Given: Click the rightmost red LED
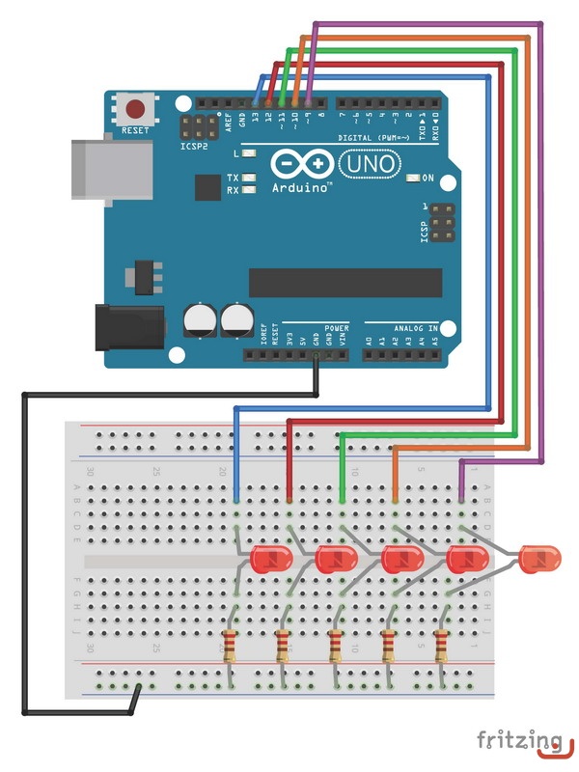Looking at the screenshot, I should pyautogui.click(x=539, y=557).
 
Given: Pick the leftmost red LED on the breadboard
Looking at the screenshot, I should pyautogui.click(x=270, y=558).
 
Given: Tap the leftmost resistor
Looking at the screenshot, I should pyautogui.click(x=230, y=644).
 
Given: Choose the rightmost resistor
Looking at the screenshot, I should pyautogui.click(x=443, y=644).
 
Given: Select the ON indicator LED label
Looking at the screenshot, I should pyautogui.click(x=427, y=178).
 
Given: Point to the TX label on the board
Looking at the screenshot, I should pyautogui.click(x=233, y=178).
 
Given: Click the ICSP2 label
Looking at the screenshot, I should pyautogui.click(x=195, y=149).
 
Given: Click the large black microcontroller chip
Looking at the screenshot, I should pyautogui.click(x=345, y=282).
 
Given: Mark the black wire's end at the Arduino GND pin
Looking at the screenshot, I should pyautogui.click(x=317, y=358).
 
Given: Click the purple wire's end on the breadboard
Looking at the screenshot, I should pyautogui.click(x=461, y=501).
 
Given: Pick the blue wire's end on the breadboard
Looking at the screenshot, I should pyautogui.click(x=237, y=501).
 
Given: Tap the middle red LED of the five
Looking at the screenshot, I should pyautogui.click(x=401, y=558).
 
